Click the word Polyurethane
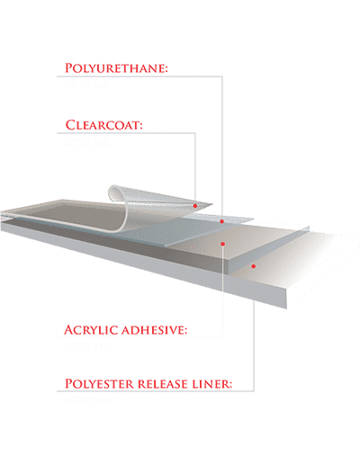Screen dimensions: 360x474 [114, 68]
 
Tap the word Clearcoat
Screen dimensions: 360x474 [102, 125]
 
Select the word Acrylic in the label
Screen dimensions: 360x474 [91, 330]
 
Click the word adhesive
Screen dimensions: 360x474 [152, 330]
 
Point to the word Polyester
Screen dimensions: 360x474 [100, 384]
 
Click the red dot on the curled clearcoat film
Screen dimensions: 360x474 [195, 206]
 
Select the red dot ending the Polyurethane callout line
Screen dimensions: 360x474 [221, 221]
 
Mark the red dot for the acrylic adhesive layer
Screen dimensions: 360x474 [222, 244]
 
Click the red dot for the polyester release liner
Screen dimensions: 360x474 [254, 266]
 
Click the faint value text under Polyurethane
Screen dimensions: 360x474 [86, 85]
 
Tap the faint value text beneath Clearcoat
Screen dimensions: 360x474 [86, 142]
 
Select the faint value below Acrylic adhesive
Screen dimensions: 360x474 [86, 346]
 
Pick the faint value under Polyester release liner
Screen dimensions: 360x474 [87, 400]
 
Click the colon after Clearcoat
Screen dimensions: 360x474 [140, 126]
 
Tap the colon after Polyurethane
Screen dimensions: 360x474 [166, 69]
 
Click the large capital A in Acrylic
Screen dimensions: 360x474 [69, 329]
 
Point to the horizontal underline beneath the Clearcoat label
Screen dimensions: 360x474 [126, 133]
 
